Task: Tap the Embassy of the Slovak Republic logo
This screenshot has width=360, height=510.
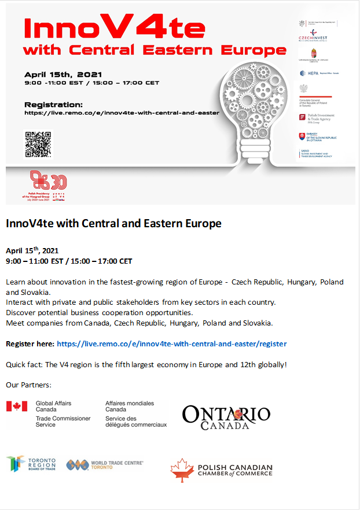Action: point(317,137)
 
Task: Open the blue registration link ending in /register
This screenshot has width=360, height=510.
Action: point(171,343)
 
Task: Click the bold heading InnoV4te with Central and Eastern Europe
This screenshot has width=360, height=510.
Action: point(113,223)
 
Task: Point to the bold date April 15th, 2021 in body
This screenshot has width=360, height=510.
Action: point(32,251)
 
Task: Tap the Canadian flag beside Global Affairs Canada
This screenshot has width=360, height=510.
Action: point(17,406)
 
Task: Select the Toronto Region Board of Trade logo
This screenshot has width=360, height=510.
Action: point(31,464)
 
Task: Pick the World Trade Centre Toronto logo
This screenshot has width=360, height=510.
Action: point(105,464)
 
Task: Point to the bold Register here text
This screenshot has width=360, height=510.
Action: point(30,343)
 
